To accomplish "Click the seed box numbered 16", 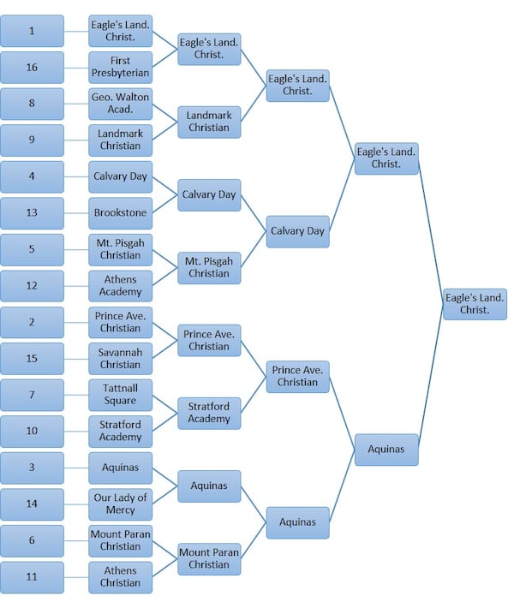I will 32,67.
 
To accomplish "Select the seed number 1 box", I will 32,31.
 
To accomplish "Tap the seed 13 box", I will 32,212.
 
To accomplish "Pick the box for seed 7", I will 32,394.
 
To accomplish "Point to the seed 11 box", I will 32,576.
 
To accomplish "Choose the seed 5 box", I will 32,249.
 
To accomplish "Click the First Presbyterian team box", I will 120,67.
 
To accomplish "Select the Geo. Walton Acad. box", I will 120,104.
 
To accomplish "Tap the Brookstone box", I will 120,212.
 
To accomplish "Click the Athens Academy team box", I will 120,285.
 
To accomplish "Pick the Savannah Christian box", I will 120,358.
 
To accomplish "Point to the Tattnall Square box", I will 120,394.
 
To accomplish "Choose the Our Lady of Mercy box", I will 120,504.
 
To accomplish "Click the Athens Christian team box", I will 120,576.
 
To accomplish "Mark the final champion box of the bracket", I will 475,304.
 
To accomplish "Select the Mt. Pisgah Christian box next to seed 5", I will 120,249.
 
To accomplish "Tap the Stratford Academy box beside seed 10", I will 120,431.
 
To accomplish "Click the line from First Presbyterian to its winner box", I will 164,58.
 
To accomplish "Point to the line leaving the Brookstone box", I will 164,204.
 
